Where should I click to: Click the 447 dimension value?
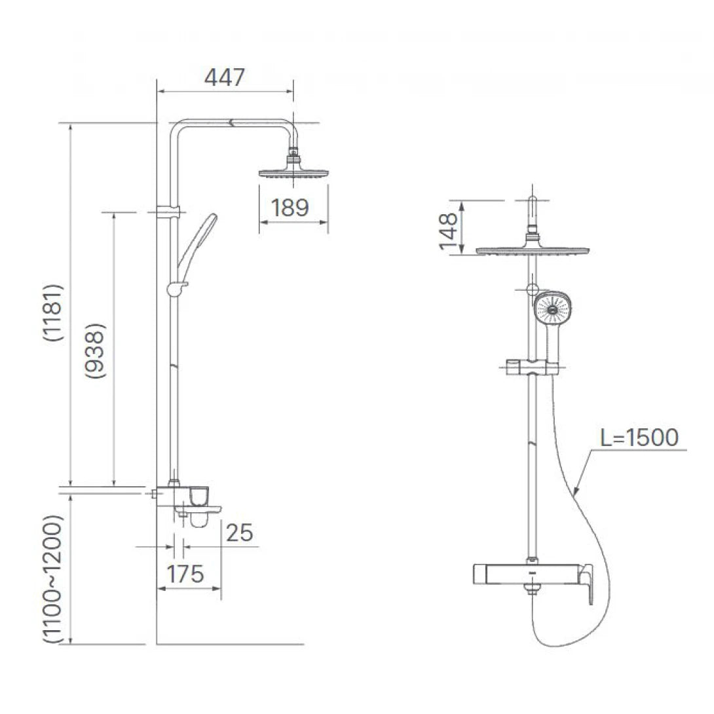pos(224,77)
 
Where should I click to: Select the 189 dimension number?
pos(290,208)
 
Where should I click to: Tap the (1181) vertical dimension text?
pos(53,313)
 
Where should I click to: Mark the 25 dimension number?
pos(239,533)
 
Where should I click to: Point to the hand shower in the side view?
pos(200,239)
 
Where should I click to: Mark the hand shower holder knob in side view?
pos(176,287)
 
